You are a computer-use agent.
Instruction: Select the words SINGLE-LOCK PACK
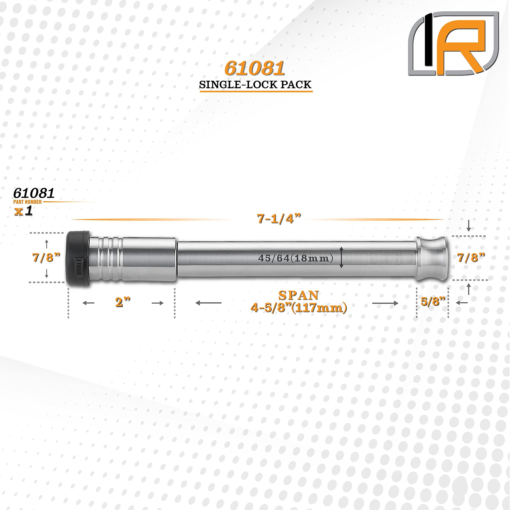click(255, 85)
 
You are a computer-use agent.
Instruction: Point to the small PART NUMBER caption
click(27, 202)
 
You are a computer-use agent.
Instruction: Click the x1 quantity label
click(24, 211)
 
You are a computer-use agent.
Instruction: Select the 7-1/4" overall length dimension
click(279, 219)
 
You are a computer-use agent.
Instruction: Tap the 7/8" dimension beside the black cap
click(46, 257)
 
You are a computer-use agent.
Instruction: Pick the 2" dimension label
click(123, 302)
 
